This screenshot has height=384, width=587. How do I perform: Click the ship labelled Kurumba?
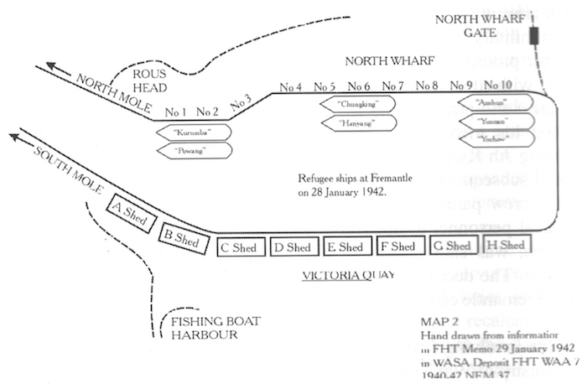pyautogui.click(x=191, y=132)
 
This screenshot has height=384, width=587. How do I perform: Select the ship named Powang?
pyautogui.click(x=191, y=150)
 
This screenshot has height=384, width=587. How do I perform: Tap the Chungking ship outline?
pyautogui.click(x=357, y=105)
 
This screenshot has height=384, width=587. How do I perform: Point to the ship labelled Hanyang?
pyautogui.click(x=357, y=123)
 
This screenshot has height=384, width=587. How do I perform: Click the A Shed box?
pyautogui.click(x=130, y=211)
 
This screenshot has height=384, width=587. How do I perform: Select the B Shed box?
pyautogui.click(x=181, y=238)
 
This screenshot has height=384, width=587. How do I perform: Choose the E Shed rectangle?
pyautogui.click(x=345, y=246)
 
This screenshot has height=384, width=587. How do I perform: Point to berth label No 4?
pyautogui.click(x=291, y=86)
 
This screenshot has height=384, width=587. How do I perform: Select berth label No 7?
pyautogui.click(x=392, y=86)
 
